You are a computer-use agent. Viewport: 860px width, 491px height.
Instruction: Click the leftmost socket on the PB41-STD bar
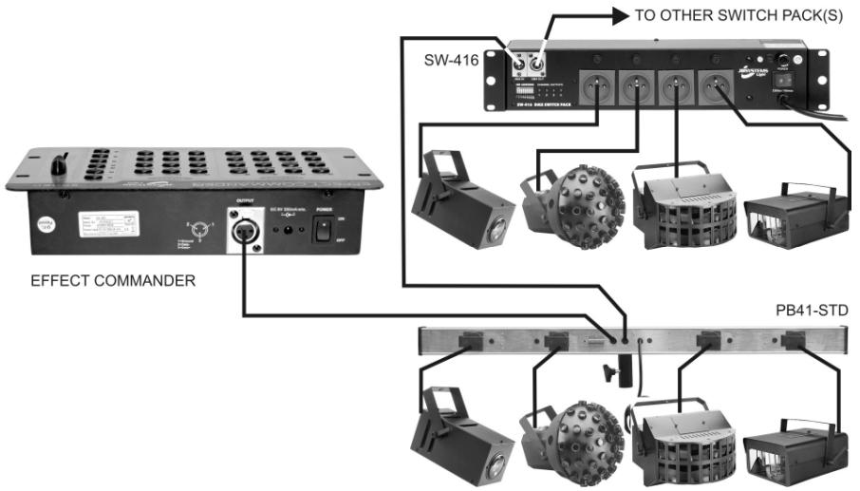[473, 339]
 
